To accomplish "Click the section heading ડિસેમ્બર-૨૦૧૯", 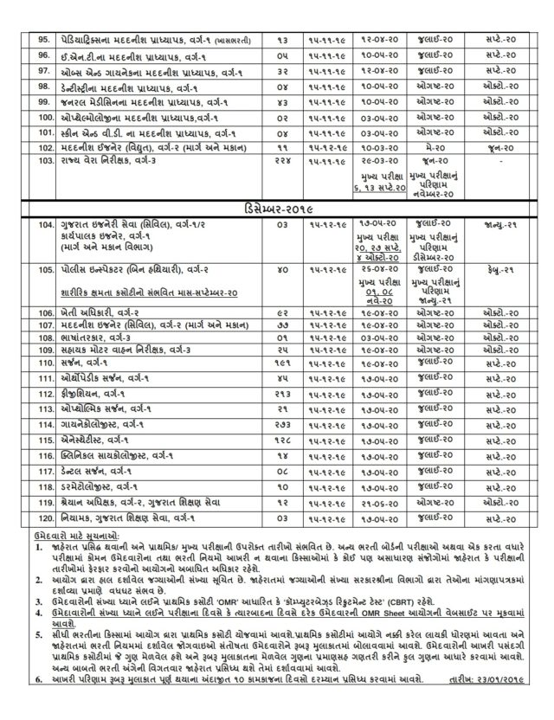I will coord(277,209).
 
